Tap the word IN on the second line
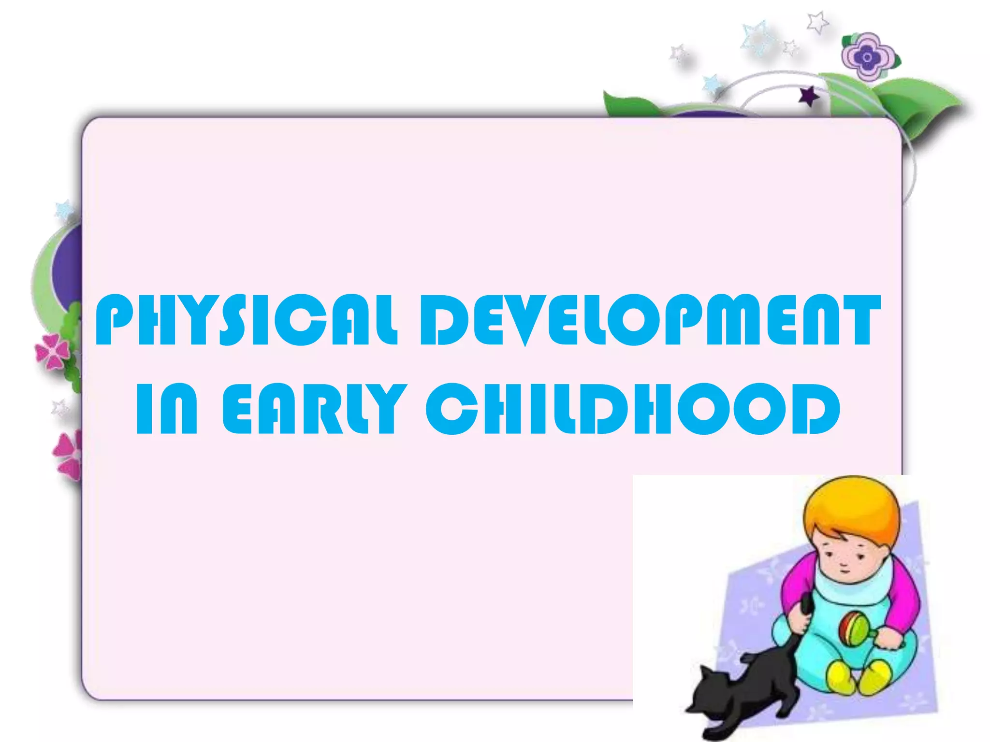click(x=167, y=409)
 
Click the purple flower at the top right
click(x=868, y=57)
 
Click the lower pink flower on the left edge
click(x=69, y=454)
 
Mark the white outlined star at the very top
click(x=817, y=22)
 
